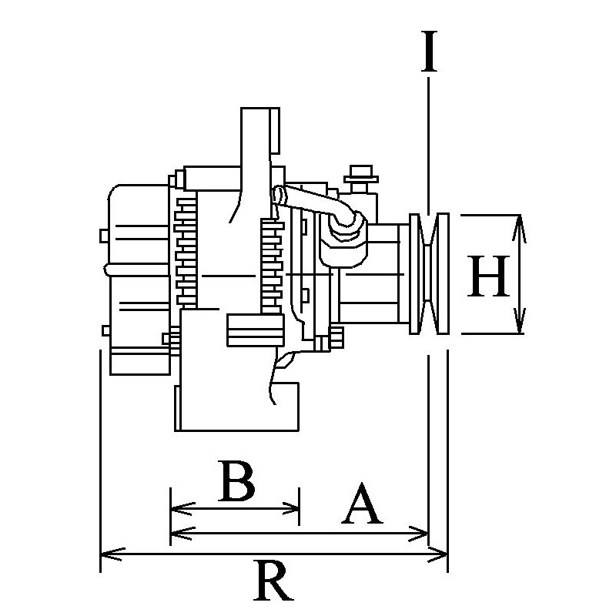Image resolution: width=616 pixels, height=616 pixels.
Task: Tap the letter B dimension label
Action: (x=236, y=481)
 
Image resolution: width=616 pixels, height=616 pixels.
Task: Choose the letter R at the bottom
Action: (x=273, y=581)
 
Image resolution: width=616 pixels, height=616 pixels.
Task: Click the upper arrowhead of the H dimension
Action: (x=519, y=223)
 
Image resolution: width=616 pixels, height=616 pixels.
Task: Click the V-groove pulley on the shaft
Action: (x=429, y=274)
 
